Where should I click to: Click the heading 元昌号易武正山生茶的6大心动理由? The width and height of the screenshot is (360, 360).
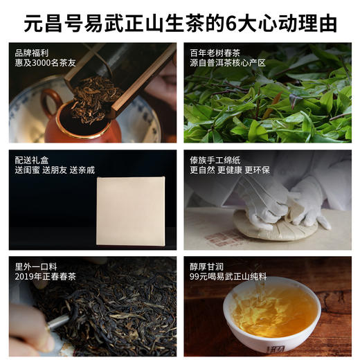180,23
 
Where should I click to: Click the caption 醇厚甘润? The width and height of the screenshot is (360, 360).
206,266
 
